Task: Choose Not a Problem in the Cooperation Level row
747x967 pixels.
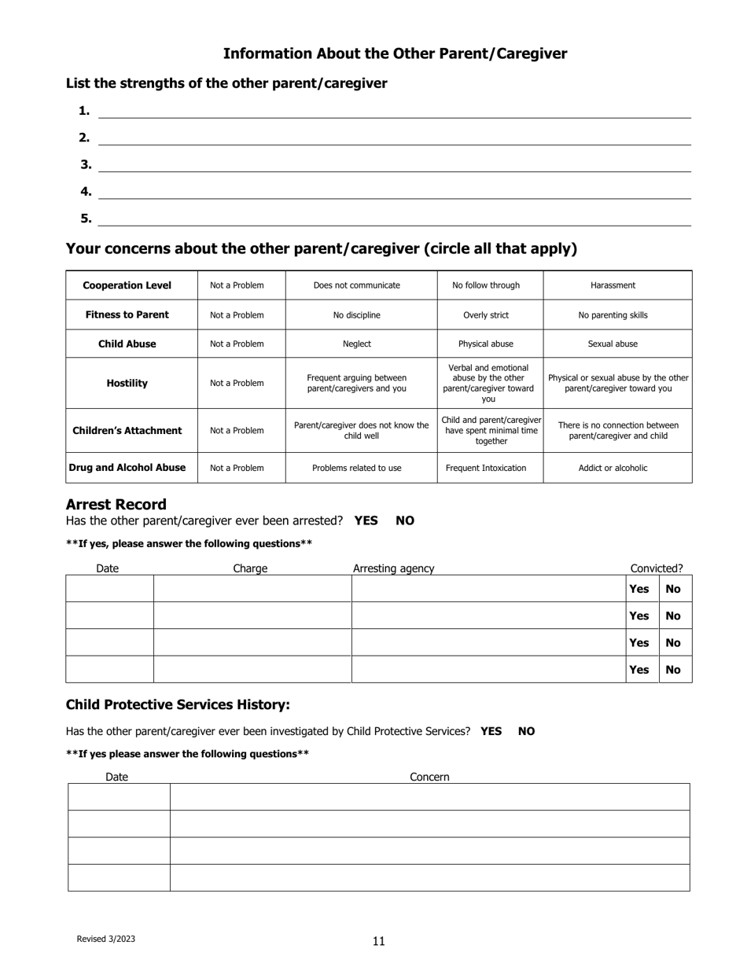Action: (237, 285)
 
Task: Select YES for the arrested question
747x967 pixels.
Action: (366, 520)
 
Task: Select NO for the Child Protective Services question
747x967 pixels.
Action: (526, 731)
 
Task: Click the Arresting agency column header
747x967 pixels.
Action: (393, 568)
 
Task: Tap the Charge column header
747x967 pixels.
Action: (250, 568)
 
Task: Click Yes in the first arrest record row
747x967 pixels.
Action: (639, 589)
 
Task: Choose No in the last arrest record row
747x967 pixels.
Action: (673, 670)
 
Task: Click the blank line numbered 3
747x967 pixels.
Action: (393, 165)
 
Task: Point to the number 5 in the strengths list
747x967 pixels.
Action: (85, 219)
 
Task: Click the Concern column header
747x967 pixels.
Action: (429, 777)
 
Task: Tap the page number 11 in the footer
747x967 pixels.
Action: (379, 941)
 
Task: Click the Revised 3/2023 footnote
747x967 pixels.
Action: (105, 939)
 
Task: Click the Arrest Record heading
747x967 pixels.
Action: (116, 505)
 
